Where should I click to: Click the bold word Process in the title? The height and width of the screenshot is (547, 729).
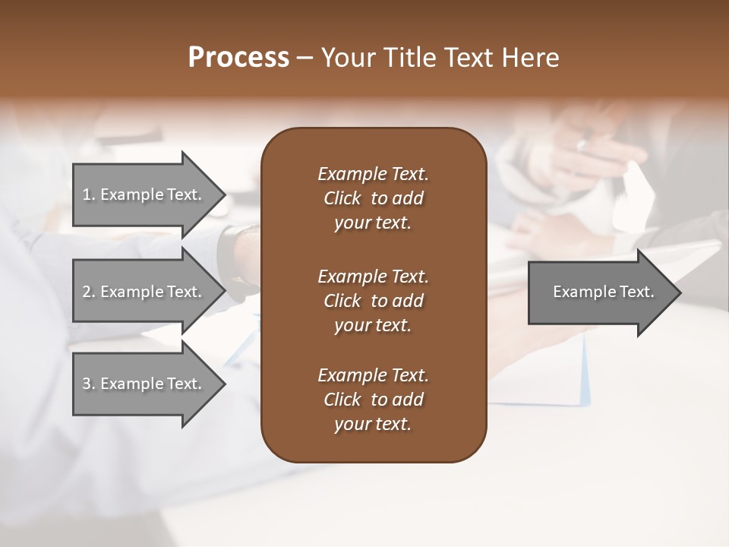(238, 57)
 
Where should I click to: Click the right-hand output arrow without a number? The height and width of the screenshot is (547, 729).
(600, 292)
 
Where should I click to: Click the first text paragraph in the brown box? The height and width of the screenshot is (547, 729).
(373, 198)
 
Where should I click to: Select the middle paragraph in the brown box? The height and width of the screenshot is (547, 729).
(373, 300)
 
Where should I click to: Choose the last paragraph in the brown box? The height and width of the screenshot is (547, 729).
(373, 400)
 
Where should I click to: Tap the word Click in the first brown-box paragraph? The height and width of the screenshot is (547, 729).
(342, 198)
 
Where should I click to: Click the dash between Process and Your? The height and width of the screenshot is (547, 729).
(305, 58)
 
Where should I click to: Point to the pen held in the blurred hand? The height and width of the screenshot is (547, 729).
(583, 143)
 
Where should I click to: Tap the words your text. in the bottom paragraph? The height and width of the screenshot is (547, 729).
(373, 425)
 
